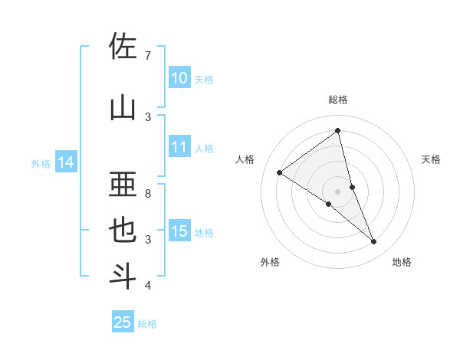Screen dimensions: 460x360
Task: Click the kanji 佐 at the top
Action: click(x=123, y=47)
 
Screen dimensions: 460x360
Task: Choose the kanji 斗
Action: click(x=123, y=277)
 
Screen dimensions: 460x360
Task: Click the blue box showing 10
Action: click(x=179, y=78)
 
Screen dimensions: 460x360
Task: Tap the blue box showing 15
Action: click(x=179, y=231)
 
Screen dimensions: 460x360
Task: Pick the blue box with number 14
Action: click(x=66, y=162)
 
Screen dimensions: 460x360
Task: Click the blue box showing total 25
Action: click(x=123, y=322)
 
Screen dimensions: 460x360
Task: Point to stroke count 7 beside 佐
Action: click(x=148, y=55)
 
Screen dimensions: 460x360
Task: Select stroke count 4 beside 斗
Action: click(x=148, y=286)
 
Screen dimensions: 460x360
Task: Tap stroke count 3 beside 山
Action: click(x=148, y=116)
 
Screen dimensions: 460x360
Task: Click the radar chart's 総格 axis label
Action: click(x=337, y=100)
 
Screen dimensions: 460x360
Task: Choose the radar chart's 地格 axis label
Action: click(x=402, y=262)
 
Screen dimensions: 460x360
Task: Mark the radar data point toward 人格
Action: click(x=280, y=172)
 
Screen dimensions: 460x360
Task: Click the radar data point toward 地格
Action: click(x=374, y=242)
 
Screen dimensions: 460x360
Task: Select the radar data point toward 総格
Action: click(x=337, y=131)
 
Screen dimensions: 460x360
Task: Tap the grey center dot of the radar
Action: click(x=337, y=191)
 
